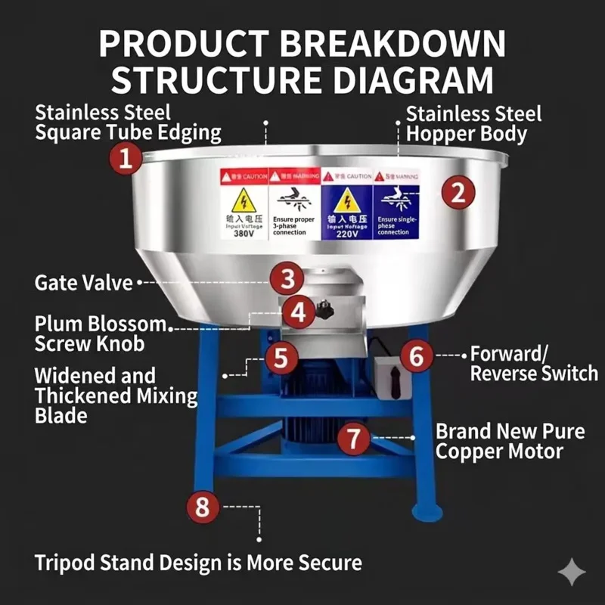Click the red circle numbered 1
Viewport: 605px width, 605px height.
click(126, 160)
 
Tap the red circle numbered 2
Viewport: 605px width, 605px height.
click(458, 192)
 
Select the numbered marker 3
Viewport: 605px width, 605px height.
click(287, 279)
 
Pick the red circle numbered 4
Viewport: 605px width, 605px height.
click(299, 312)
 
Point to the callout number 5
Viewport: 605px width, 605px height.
click(281, 358)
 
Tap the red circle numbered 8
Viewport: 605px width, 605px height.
click(202, 506)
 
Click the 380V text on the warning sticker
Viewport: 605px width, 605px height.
click(244, 233)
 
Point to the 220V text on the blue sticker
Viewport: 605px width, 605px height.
click(346, 234)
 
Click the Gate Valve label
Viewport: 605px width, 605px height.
click(83, 283)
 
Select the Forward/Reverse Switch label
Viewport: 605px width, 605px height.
click(533, 364)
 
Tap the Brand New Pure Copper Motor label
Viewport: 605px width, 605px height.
click(510, 442)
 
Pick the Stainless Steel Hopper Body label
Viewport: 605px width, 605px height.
click(473, 124)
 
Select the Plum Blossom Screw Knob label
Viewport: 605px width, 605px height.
click(101, 334)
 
